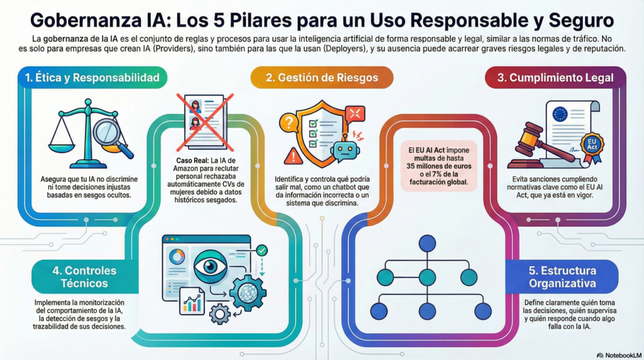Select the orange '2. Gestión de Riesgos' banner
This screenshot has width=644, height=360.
click(x=321, y=77)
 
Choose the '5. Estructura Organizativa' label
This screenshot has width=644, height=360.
click(x=562, y=277)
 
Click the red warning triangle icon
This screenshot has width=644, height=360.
click(x=293, y=155)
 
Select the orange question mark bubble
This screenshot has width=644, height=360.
click(x=287, y=121)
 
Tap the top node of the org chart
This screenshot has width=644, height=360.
click(x=427, y=243)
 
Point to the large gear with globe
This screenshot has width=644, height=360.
click(x=247, y=292)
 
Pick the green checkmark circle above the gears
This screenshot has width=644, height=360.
click(x=262, y=250)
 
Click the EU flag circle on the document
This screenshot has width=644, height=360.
click(x=559, y=115)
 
